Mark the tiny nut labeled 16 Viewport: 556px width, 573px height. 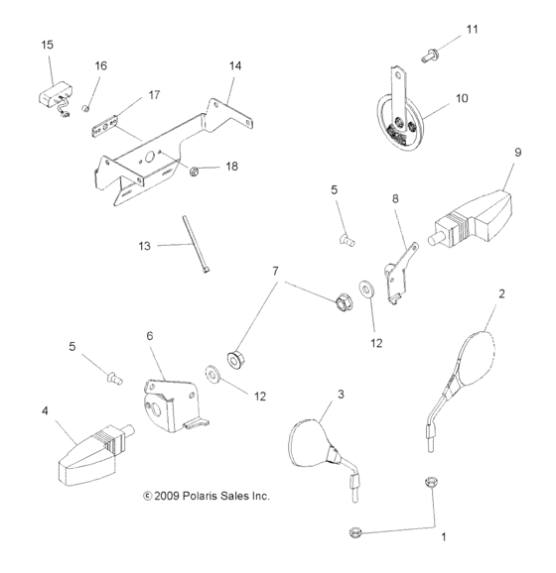point(87,105)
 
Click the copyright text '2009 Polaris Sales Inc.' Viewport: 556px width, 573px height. point(207,496)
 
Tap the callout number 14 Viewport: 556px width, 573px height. point(234,65)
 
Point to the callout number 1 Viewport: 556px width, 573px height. point(444,538)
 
